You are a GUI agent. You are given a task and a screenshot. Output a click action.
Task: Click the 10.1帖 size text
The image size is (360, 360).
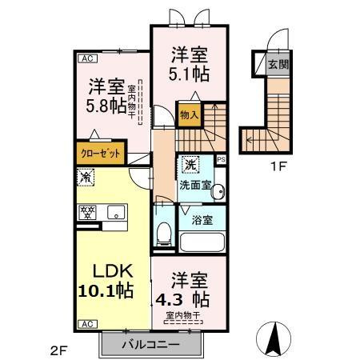coord(106,289)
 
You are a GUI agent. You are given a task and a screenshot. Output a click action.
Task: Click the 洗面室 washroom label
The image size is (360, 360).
coord(195,185)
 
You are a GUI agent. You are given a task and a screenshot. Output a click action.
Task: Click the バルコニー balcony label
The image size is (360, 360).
coord(150,345)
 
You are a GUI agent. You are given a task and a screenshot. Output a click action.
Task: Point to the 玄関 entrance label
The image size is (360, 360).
coord(278,65)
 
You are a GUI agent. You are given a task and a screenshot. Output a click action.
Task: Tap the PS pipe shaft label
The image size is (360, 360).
coord(222,158)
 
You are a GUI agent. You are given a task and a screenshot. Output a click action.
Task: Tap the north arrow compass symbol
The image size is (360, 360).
coord(272,337)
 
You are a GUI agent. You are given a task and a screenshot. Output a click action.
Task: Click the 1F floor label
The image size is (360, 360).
coord(277,168)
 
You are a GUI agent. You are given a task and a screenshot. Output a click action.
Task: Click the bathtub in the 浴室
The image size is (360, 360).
coord(203,242)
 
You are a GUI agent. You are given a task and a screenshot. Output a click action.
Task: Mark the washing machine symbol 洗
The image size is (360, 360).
coord(190,164)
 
